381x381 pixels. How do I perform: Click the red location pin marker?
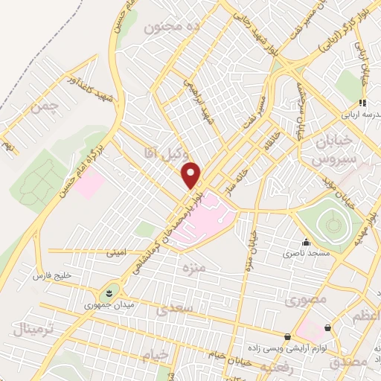192,176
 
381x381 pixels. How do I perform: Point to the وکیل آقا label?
161,153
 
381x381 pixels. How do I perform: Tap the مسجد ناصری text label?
307,254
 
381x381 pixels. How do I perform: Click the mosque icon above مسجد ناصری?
306,243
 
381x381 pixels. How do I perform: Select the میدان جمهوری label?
108,304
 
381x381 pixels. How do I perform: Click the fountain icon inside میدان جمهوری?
109,291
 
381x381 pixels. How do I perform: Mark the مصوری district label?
304,301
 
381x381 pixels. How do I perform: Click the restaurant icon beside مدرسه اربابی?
362,103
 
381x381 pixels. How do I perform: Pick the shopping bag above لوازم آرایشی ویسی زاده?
288,336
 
